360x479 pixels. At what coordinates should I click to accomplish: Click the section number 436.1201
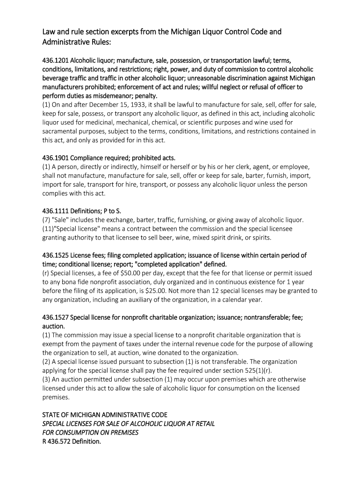55,61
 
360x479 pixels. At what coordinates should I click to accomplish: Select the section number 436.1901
55,158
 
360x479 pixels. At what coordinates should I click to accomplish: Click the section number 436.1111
55,211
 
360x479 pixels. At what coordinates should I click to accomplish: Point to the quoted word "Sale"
60,220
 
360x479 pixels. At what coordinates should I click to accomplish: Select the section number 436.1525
55,255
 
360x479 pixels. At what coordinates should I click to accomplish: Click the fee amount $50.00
121,273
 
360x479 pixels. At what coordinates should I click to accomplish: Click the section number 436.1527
55,318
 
